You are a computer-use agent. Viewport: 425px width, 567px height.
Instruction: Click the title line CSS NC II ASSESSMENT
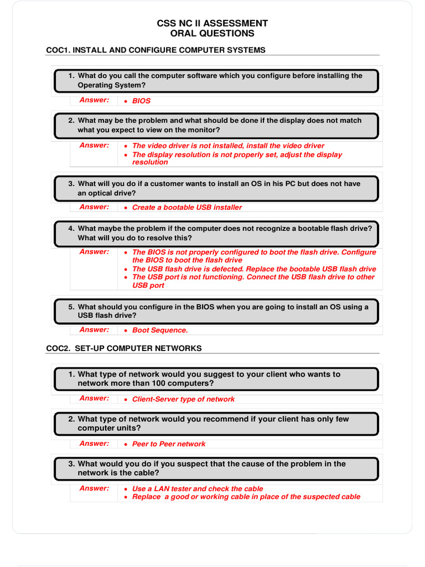coord(212,23)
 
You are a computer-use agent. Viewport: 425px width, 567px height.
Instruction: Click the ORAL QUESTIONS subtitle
coord(212,33)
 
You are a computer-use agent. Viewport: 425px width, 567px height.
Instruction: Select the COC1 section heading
coord(156,50)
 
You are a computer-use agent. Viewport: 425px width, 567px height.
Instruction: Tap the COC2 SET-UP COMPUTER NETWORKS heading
coord(123,348)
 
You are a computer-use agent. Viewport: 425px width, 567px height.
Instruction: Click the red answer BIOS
coord(141,101)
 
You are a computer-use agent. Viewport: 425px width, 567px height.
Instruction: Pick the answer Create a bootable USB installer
coord(186,208)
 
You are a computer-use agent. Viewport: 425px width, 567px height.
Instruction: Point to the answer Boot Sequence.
coord(160,331)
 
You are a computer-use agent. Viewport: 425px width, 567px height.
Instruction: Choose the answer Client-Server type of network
coord(183,399)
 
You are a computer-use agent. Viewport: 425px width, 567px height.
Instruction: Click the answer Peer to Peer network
coord(168,444)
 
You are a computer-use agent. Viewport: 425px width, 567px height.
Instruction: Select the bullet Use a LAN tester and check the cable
coord(198,489)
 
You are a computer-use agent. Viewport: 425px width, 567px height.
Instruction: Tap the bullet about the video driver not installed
coord(228,146)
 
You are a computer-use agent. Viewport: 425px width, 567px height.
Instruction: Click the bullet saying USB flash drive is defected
coord(254,269)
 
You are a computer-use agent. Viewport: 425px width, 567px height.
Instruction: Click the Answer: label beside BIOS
coord(94,100)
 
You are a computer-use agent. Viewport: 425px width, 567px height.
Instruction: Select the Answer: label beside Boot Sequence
coord(94,329)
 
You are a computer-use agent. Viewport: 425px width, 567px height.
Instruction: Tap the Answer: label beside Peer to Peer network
coord(94,443)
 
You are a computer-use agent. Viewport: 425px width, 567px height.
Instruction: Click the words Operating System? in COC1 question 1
coord(112,85)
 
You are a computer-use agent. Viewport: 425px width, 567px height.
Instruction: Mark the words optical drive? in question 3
coord(106,193)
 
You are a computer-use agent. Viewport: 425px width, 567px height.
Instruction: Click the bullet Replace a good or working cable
coord(246,497)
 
